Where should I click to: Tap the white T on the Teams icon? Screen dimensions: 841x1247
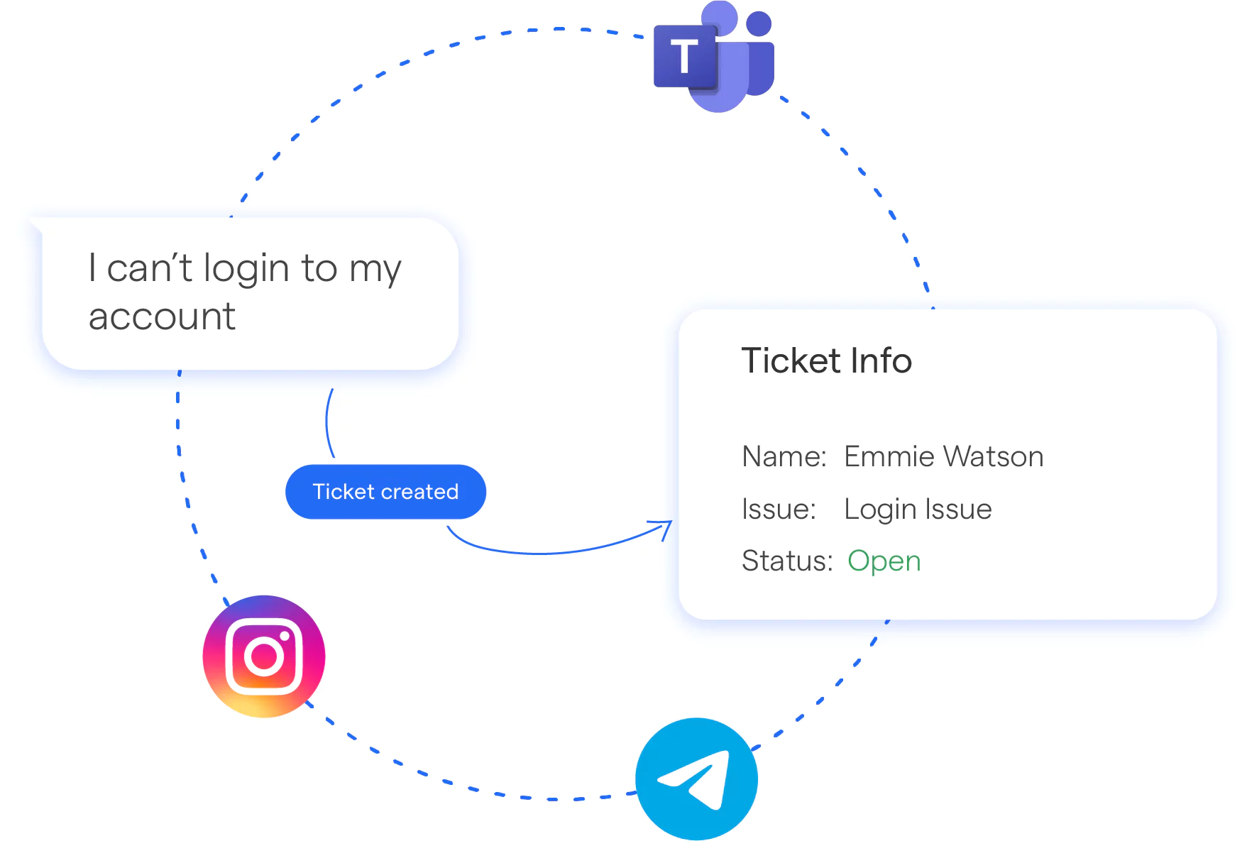pos(684,57)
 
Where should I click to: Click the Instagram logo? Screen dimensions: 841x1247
pos(264,656)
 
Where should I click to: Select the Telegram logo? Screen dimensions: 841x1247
pos(696,779)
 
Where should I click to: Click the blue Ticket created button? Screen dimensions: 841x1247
pos(385,492)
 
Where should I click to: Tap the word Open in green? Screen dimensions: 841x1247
pos(884,561)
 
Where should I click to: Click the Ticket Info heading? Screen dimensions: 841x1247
pos(826,361)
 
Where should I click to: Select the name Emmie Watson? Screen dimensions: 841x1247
pos(943,456)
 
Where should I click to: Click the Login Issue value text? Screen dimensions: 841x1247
pos(918,510)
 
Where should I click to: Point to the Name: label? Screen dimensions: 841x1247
pos(784,456)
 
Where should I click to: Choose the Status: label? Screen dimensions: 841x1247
pos(786,561)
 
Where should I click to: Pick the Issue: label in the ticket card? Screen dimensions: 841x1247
pos(779,510)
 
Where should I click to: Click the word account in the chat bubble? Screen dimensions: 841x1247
pos(162,317)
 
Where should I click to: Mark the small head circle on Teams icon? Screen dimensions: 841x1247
pos(759,23)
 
